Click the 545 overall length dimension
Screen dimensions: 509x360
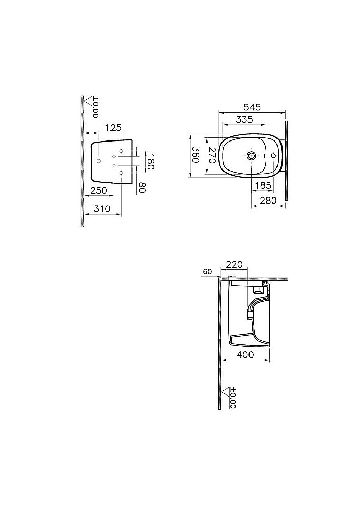pos(252,107)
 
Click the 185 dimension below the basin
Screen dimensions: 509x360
pos(262,186)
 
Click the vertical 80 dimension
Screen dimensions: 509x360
pos(142,186)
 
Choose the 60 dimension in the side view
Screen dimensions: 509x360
pos(207,272)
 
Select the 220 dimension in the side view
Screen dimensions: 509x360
pos(234,264)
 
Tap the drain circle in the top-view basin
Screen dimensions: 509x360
pos(252,155)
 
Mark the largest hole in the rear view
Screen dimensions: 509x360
pos(99,161)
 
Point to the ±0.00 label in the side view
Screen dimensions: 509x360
pos(233,397)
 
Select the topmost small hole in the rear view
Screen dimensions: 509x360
pos(121,151)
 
